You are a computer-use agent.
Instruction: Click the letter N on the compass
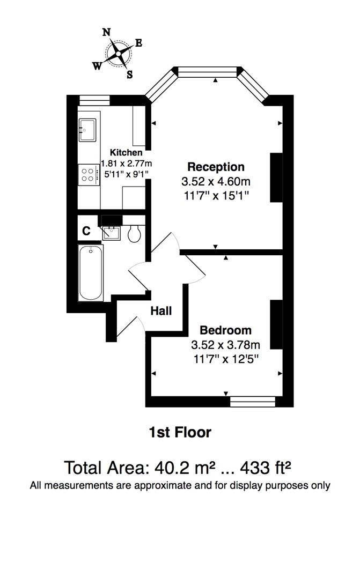[107, 32]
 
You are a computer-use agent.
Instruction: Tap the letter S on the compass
[130, 75]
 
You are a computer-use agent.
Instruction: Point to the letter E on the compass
[138, 43]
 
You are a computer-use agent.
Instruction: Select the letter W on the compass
[97, 66]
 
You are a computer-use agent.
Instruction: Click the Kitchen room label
[126, 152]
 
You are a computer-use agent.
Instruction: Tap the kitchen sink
[87, 130]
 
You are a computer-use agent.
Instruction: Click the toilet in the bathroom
[134, 233]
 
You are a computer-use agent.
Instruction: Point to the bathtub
[91, 273]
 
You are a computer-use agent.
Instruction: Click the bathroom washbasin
[112, 233]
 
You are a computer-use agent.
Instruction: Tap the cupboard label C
[86, 231]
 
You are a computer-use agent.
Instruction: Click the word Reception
[216, 167]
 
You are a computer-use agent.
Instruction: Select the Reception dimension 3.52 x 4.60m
[216, 182]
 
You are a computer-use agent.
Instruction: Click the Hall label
[161, 311]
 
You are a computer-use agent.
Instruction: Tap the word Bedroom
[226, 330]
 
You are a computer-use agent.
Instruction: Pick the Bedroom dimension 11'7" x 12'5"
[226, 359]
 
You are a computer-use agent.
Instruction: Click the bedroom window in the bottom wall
[253, 402]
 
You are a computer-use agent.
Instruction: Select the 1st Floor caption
[180, 432]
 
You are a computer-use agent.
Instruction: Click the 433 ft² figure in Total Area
[266, 468]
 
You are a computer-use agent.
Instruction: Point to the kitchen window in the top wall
[94, 100]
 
